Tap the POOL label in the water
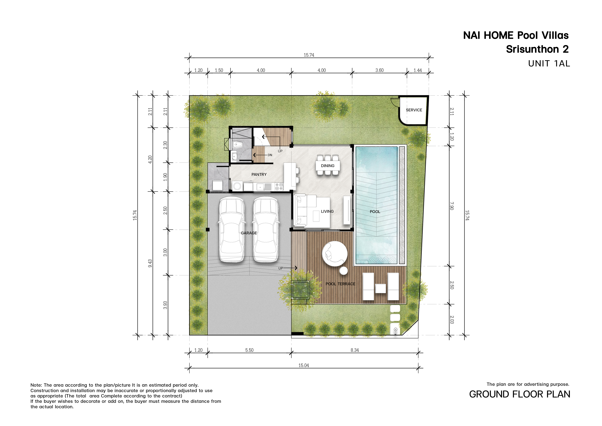click(375, 212)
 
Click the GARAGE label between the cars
click(249, 233)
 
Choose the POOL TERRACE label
click(340, 284)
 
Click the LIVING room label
click(327, 211)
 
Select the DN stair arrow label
click(270, 155)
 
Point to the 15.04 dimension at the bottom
click(304, 365)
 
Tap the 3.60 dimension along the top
click(379, 70)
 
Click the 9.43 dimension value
click(150, 263)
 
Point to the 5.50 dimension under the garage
click(249, 350)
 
